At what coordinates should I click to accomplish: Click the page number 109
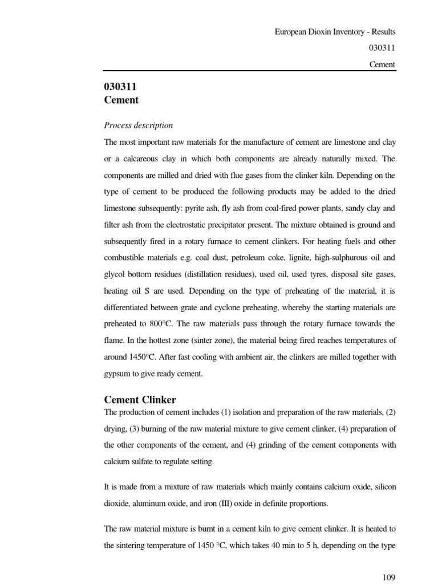tap(389, 577)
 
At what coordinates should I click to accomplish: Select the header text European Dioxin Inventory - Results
tap(335, 32)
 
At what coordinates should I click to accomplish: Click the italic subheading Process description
tap(138, 125)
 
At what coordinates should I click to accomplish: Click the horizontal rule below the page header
tap(249, 71)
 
